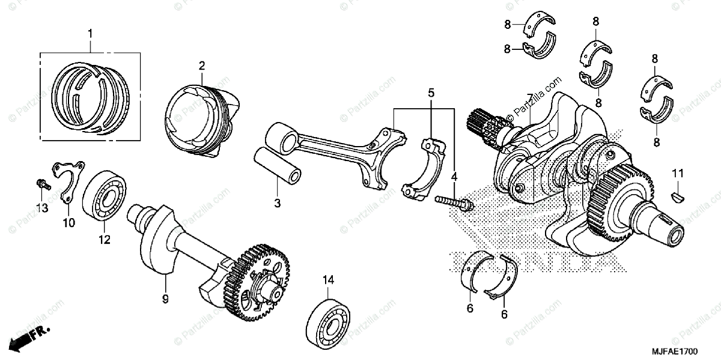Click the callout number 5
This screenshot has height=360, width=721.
431,93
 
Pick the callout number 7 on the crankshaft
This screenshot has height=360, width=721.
529,98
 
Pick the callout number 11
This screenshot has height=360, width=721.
678,174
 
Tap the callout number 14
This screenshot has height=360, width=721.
327,279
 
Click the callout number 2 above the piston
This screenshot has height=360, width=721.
202,65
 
